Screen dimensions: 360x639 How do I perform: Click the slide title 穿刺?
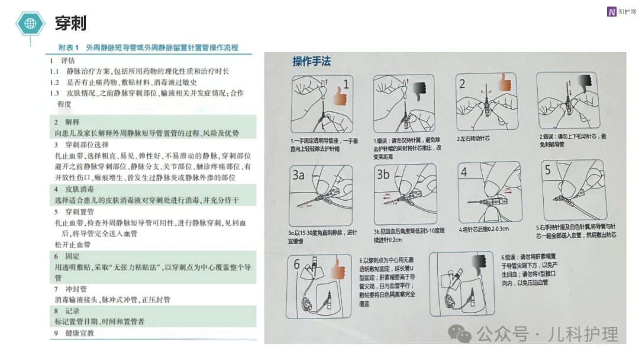pyautogui.click(x=70, y=23)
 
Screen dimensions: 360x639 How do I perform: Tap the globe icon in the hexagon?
pyautogui.click(x=30, y=24)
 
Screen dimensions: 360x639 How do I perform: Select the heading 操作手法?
pyautogui.click(x=311, y=62)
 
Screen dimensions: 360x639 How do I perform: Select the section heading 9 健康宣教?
pyautogui.click(x=71, y=333)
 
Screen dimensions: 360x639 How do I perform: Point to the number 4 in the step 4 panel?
pyautogui.click(x=465, y=172)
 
